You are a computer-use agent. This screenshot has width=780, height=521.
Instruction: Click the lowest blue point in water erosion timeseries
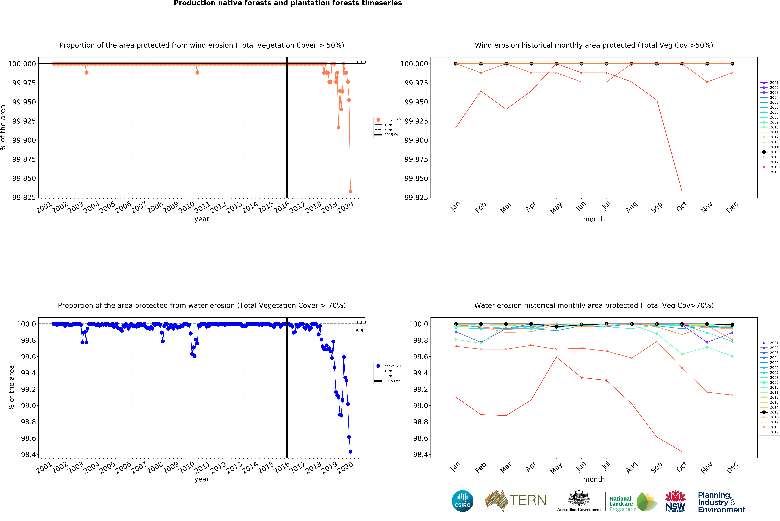click(350, 452)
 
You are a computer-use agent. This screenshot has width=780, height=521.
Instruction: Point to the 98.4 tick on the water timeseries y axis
click(28, 455)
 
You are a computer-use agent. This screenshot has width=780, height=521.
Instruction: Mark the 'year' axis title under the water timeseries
click(202, 479)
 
